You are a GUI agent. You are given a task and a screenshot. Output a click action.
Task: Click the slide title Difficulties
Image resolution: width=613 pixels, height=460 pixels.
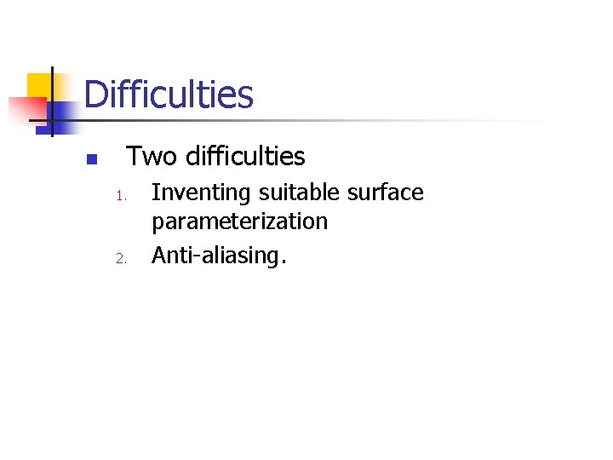coord(169,95)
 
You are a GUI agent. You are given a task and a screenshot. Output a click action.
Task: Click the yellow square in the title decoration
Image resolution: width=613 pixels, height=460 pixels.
coord(39,85)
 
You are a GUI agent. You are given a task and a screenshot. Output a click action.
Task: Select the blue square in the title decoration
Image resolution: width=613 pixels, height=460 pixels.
coord(61,112)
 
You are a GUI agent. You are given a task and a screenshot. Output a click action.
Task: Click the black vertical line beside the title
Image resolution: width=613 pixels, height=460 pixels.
coord(52,101)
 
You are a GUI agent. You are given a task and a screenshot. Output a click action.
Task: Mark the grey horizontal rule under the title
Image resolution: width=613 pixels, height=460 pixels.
coord(341,120)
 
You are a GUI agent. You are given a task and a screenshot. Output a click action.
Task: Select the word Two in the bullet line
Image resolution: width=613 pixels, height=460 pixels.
coord(151,157)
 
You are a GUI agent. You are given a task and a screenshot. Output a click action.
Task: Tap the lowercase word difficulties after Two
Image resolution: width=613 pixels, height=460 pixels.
coord(244,157)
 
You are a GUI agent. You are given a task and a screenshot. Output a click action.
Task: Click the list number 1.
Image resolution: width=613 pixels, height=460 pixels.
coord(121,197)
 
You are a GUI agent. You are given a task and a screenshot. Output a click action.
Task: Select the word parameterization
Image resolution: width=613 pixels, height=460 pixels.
coord(239,222)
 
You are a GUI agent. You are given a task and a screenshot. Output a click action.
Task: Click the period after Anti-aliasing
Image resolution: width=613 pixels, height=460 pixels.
coord(283,262)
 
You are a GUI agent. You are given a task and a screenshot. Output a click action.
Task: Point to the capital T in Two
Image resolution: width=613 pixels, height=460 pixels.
coord(135,157)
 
